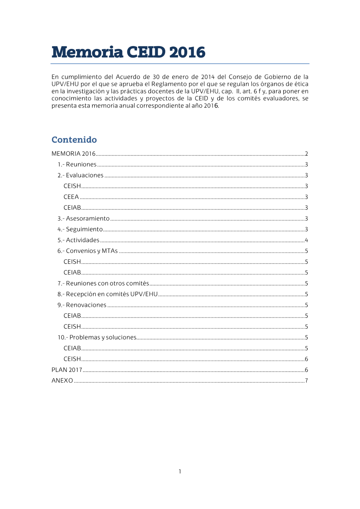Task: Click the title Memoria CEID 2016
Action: [128, 52]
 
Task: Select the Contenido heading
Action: [74, 140]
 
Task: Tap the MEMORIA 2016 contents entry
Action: [73, 154]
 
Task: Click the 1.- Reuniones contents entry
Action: [77, 164]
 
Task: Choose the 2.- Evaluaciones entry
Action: [80, 175]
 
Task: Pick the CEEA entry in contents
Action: [71, 197]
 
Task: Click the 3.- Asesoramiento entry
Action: [84, 218]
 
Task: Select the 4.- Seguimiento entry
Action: [80, 229]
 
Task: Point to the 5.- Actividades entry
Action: [78, 240]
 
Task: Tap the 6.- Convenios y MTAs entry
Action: [87, 251]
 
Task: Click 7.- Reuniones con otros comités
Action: [103, 283]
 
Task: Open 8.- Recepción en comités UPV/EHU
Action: [108, 294]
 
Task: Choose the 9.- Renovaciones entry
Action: [82, 305]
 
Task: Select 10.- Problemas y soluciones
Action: [97, 337]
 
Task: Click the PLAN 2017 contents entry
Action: [67, 370]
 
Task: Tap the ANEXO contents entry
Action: [62, 381]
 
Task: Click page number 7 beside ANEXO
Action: [306, 381]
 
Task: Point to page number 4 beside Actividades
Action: [306, 240]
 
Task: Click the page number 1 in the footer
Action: [180, 471]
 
